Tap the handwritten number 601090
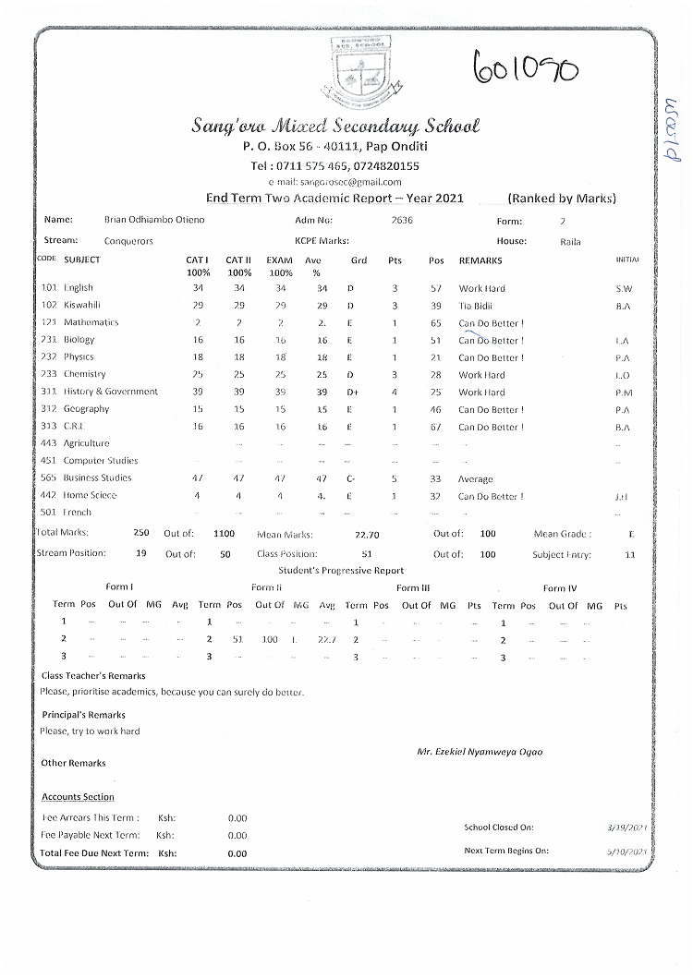pos(526,66)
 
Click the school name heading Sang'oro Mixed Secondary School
pos(335,126)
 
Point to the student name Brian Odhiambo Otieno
pos(155,221)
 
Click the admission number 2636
pos(402,221)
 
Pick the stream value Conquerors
pos(129,241)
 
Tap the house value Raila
pos(570,241)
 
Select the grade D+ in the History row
pos(352,393)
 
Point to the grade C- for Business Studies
pos(351,478)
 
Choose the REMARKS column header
pos(480,260)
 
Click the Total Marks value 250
pos(141,533)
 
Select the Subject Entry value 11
pos(630,554)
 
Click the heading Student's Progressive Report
pos(341,571)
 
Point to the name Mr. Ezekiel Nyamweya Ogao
pos(480,752)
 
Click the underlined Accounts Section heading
pos(79,797)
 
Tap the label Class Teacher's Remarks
pos(93,676)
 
